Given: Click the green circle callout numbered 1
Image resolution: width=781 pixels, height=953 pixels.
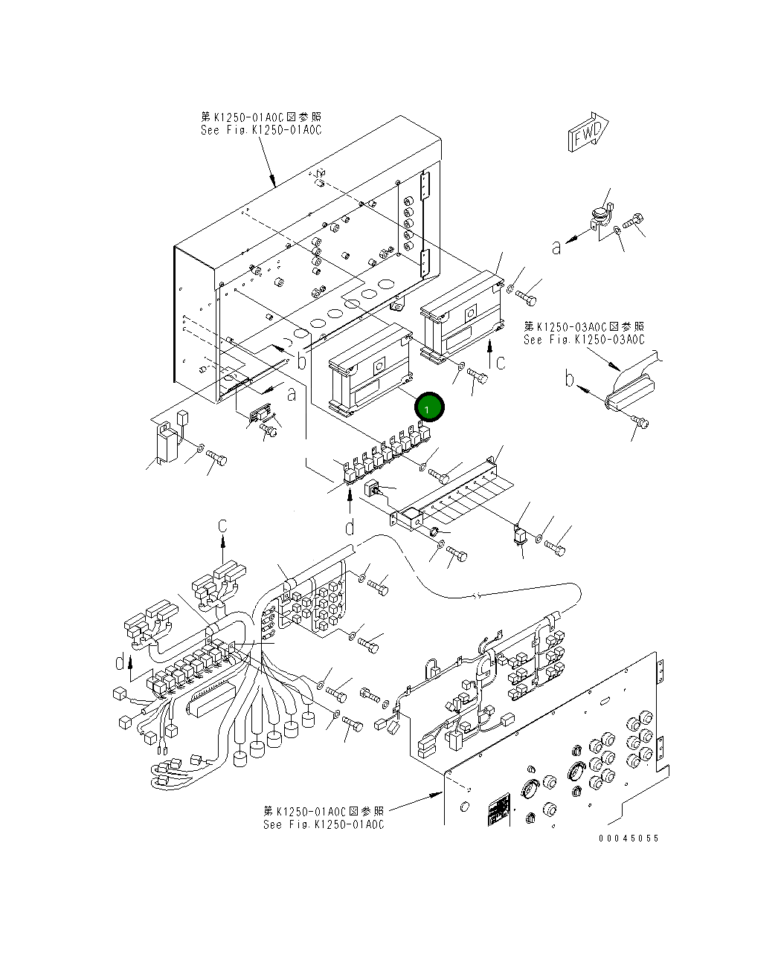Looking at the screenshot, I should pos(430,407).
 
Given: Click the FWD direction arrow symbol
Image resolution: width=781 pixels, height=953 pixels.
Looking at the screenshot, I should pos(588,133).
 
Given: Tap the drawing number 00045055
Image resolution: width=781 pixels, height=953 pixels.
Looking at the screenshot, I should pos(629,838).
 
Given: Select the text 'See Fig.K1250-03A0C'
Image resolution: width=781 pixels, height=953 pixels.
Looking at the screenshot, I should pos(584,340).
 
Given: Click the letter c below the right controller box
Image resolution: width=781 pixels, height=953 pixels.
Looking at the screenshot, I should pos(501,363).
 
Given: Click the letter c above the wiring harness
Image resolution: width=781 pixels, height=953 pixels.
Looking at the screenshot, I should pos(222,526).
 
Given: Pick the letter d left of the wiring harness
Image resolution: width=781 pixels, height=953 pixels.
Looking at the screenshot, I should pos(120,661).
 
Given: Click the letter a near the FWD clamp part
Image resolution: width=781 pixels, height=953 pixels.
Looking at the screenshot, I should pos(556,247).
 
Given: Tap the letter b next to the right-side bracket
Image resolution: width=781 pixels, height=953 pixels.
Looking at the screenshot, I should pos(569,380).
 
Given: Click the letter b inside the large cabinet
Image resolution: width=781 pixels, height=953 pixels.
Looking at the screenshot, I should pos(301,361).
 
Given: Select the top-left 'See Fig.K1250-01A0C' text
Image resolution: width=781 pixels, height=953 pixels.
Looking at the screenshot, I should pos(261,130).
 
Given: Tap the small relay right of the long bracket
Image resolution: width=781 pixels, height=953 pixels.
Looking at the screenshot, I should pos(520,537).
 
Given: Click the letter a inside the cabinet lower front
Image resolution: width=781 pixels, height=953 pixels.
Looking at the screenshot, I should pos(292,394).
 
